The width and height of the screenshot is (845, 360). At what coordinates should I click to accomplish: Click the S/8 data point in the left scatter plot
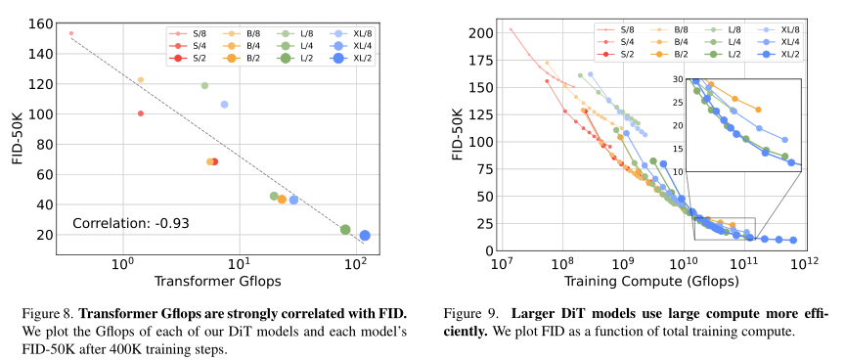(x=70, y=33)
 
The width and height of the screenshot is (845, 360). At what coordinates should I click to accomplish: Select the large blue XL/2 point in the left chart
(x=365, y=235)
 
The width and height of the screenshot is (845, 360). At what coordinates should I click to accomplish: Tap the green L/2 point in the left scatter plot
(x=345, y=229)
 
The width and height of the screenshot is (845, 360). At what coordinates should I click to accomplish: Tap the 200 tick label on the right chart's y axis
(x=479, y=33)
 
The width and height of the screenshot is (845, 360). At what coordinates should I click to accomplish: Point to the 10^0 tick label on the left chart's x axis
(x=122, y=264)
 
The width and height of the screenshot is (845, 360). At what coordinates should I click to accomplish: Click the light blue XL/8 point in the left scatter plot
(x=224, y=104)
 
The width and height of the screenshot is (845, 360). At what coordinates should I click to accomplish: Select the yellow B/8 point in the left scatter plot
(x=141, y=80)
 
